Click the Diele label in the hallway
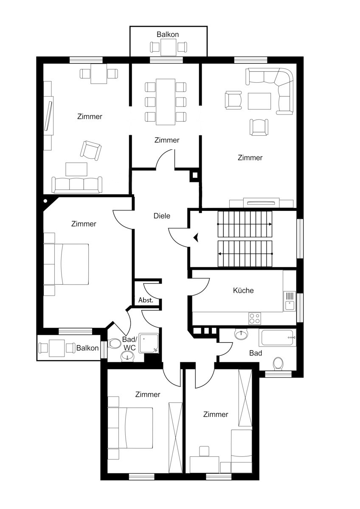162,216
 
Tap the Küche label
243,291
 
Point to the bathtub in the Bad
278,338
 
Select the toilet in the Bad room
278,364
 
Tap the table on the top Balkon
168,47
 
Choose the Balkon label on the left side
87,348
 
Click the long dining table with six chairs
166,102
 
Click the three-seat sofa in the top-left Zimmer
77,185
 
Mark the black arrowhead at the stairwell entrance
195,238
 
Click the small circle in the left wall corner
45,201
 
